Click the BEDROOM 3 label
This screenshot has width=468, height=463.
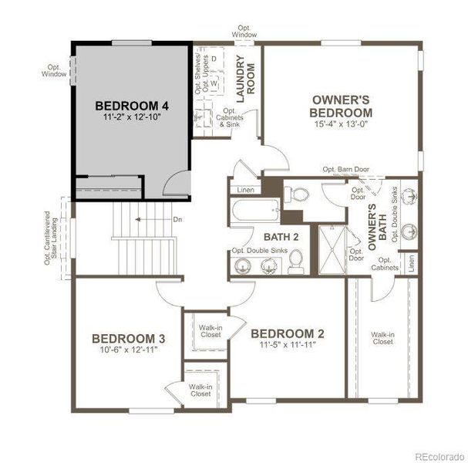(x=128, y=338)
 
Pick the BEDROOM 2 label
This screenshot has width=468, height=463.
(x=288, y=333)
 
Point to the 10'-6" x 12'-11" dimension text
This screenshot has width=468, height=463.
(x=128, y=350)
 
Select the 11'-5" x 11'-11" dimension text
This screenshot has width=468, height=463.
(x=288, y=345)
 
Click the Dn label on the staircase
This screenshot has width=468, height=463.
(x=177, y=220)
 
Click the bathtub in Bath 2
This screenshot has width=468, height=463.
(x=254, y=210)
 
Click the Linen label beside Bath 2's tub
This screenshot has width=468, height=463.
(x=244, y=189)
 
